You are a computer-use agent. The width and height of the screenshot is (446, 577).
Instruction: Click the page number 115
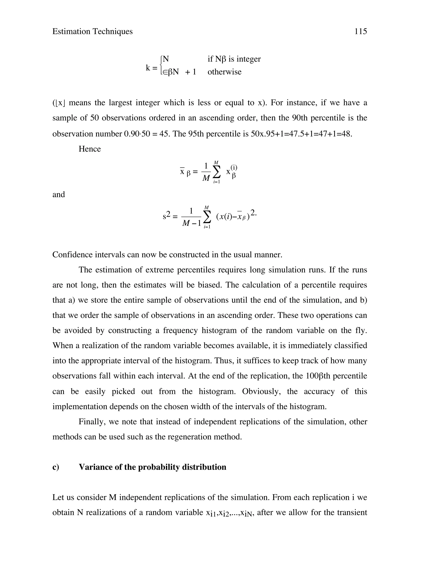[360, 31]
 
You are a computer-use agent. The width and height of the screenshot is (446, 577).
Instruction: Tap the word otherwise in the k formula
[224, 72]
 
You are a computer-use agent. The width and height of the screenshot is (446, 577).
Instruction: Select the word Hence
[90, 149]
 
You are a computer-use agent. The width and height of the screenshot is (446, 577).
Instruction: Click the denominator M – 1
[192, 223]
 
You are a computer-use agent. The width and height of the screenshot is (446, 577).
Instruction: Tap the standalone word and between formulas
[59, 194]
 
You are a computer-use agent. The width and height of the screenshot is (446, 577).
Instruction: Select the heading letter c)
[56, 467]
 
